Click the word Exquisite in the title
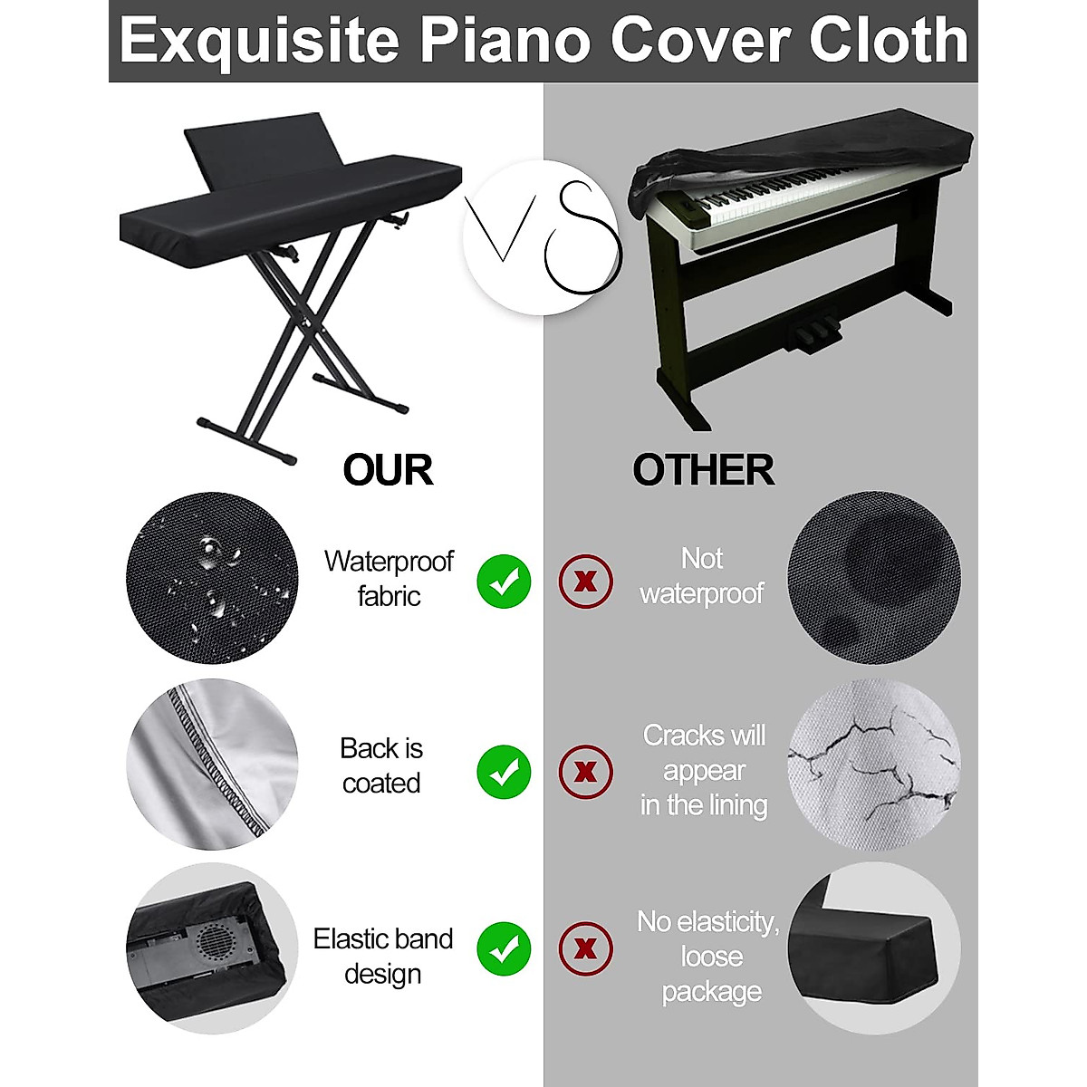pyautogui.click(x=260, y=41)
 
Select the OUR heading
pyautogui.click(x=388, y=470)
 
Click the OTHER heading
pyautogui.click(x=703, y=470)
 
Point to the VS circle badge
pyautogui.click(x=542, y=237)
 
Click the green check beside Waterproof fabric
pyautogui.click(x=504, y=581)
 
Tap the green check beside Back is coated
pyautogui.click(x=504, y=772)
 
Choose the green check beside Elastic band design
pyautogui.click(x=504, y=948)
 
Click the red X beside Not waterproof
pyautogui.click(x=586, y=581)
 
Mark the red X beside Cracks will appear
pyautogui.click(x=586, y=772)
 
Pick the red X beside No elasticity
pyautogui.click(x=586, y=948)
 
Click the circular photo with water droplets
pyautogui.click(x=212, y=578)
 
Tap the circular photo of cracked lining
pyautogui.click(x=873, y=765)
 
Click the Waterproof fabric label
pyautogui.click(x=389, y=579)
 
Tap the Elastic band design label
pyautogui.click(x=383, y=956)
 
